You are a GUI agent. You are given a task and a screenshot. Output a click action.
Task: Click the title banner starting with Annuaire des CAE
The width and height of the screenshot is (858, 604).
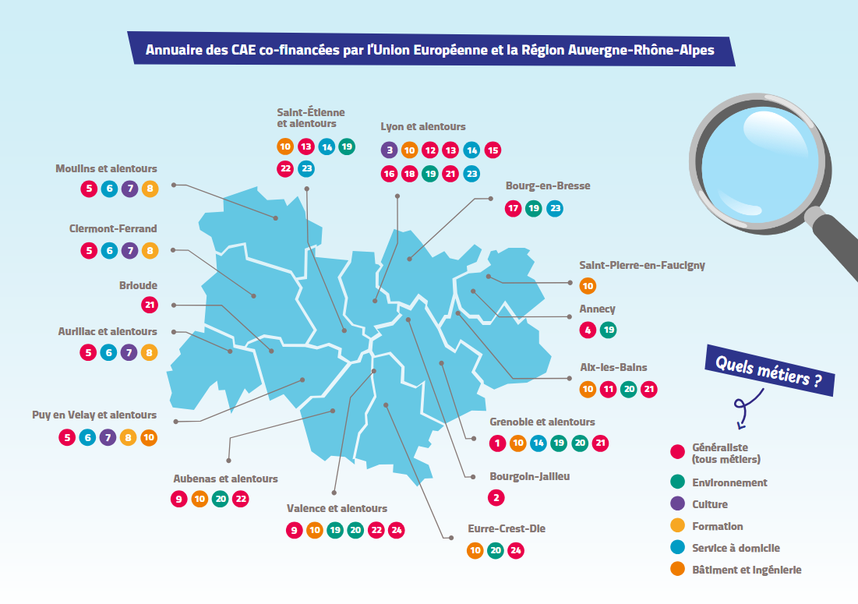click(429, 51)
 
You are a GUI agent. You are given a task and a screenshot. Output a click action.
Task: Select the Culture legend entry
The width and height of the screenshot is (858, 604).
click(709, 504)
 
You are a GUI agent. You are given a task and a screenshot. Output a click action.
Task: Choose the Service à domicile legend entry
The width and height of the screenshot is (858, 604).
click(735, 548)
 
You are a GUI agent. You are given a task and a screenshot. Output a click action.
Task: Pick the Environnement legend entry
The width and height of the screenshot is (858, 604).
click(729, 482)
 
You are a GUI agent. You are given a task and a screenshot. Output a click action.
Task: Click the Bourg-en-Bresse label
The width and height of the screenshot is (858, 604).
click(547, 186)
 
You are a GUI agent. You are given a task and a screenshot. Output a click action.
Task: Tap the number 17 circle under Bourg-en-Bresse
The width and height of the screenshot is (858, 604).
click(513, 208)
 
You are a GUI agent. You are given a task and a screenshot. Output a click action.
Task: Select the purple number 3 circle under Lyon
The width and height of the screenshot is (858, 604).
click(389, 150)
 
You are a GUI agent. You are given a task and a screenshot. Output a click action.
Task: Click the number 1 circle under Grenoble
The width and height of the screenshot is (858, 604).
click(497, 443)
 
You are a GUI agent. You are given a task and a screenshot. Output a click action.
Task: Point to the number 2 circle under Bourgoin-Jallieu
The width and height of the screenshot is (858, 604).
click(497, 497)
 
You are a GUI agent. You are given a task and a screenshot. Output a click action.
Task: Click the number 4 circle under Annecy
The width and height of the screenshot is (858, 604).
click(588, 330)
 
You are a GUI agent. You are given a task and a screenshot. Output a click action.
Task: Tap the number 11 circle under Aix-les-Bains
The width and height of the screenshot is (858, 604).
click(608, 389)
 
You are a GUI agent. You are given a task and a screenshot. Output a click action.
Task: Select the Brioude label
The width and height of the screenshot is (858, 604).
click(138, 285)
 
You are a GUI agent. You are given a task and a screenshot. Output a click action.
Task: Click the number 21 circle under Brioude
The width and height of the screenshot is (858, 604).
click(149, 306)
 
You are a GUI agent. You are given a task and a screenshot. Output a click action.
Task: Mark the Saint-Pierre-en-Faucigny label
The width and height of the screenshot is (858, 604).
click(641, 265)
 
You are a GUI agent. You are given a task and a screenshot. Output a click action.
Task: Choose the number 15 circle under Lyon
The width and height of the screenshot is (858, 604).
click(492, 150)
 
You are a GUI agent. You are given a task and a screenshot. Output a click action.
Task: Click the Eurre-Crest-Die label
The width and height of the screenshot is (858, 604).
click(506, 528)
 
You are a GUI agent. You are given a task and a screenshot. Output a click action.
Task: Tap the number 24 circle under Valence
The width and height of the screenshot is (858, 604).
click(396, 531)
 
